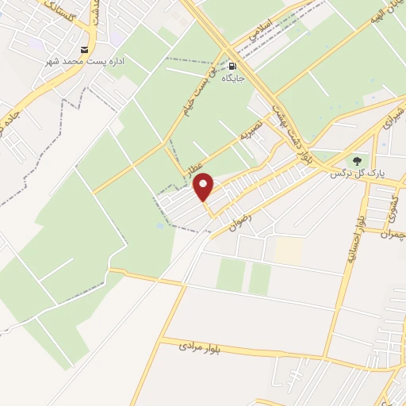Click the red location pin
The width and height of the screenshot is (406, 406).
click(204, 187)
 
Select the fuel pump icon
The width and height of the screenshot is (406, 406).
click(232, 66)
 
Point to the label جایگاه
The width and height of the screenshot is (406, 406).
click(232, 79)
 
